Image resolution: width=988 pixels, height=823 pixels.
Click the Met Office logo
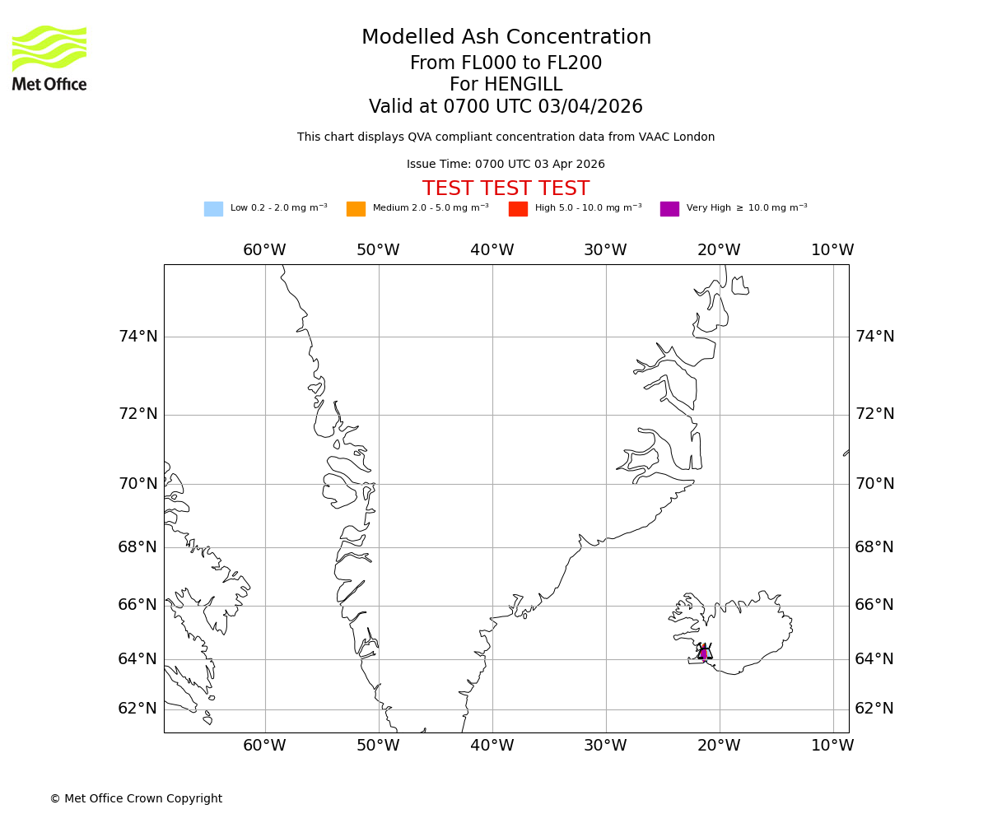tap(49, 58)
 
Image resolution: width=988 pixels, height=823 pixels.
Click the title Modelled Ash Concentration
tap(506, 38)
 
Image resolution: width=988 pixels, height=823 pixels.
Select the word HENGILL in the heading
tap(521, 85)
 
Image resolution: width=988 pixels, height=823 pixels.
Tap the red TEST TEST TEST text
tap(506, 189)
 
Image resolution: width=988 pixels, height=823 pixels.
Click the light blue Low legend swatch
tap(213, 209)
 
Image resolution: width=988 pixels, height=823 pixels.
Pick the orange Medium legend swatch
tap(356, 209)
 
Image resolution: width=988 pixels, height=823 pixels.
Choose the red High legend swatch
tap(518, 209)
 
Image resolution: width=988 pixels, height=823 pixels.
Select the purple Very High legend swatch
tap(669, 209)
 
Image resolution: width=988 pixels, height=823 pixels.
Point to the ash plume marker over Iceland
tap(704, 653)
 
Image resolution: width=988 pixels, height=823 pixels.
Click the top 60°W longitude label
tap(264, 250)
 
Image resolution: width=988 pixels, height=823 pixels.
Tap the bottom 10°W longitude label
tap(832, 746)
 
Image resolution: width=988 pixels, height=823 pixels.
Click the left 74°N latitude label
tap(137, 337)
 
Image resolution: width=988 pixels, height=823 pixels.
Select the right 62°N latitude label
tap(874, 709)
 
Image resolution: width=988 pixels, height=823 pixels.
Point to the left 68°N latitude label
tap(137, 547)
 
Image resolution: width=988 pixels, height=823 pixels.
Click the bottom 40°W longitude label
tap(492, 746)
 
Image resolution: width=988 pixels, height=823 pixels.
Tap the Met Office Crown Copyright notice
tap(136, 799)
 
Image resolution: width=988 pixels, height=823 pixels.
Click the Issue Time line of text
tap(506, 165)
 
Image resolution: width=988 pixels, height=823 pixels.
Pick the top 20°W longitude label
tap(719, 250)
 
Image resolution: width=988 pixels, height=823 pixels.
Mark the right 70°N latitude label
tap(874, 484)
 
